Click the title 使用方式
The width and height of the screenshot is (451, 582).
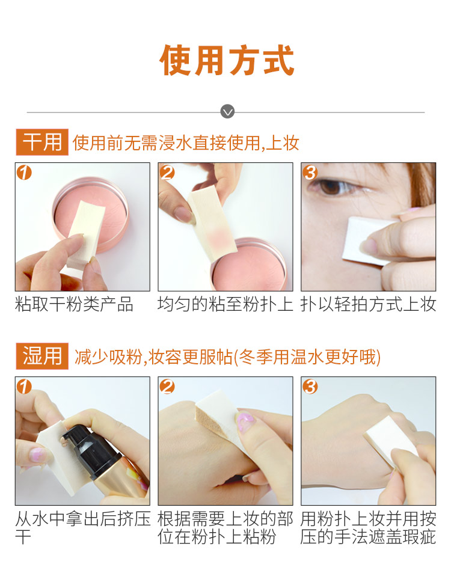click(x=227, y=61)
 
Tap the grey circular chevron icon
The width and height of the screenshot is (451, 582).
click(x=227, y=111)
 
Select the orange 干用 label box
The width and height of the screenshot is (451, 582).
click(x=42, y=142)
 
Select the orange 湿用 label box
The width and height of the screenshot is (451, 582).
click(x=42, y=356)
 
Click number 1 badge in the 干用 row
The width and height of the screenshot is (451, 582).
click(x=24, y=173)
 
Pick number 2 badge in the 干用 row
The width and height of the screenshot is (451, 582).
click(x=167, y=173)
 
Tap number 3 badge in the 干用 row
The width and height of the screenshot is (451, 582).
click(x=310, y=173)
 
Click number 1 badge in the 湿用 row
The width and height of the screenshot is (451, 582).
click(x=24, y=387)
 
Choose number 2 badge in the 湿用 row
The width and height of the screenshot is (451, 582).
click(x=167, y=387)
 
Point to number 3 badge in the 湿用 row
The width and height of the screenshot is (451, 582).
click(x=310, y=387)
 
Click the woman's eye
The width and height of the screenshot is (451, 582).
click(x=331, y=186)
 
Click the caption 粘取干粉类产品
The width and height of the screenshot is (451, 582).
click(x=74, y=304)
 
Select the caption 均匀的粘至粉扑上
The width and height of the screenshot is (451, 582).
click(x=225, y=304)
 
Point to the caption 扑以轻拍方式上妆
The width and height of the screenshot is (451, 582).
click(x=368, y=304)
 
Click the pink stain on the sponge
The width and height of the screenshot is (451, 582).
click(x=215, y=234)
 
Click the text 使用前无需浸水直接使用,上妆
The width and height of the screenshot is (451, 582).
click(x=186, y=143)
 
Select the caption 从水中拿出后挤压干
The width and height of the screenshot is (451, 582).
click(x=82, y=527)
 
